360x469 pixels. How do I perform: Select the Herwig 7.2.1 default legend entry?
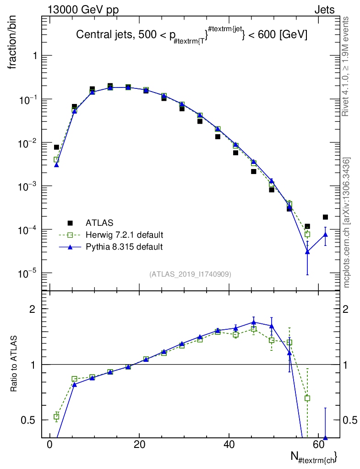pos(124,235)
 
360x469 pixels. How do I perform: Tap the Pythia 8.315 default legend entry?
pos(124,247)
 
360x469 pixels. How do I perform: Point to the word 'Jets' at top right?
pos(324,10)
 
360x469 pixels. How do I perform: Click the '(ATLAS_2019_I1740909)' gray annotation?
pos(190,274)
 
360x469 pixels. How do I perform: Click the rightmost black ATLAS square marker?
pos(325,217)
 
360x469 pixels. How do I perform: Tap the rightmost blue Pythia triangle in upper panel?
pos(325,234)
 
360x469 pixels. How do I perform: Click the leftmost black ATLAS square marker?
pos(56,147)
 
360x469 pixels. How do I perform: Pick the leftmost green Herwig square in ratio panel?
pos(56,417)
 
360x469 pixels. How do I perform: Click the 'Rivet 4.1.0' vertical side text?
pos(346,66)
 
